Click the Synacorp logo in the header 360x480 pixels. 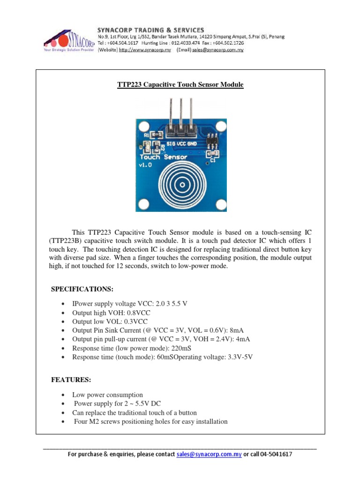click(69, 41)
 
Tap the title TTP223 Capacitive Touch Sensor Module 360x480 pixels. click(180, 85)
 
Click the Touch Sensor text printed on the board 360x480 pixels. click(163, 157)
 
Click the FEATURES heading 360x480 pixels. click(71, 380)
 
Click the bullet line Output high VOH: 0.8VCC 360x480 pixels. click(110, 313)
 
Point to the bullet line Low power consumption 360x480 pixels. click(107, 395)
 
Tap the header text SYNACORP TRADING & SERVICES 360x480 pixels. click(150, 30)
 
